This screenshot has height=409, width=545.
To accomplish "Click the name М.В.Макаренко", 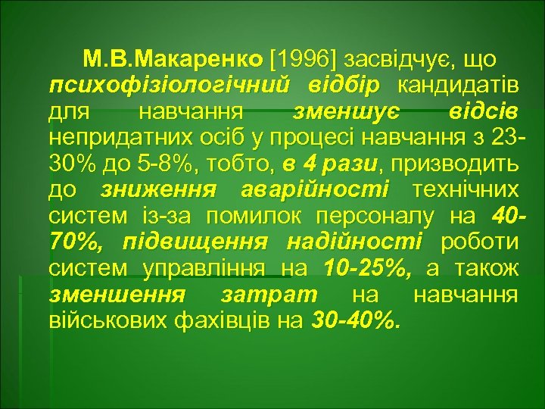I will pos(172,58).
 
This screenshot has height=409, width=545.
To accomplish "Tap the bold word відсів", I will pos(482,113).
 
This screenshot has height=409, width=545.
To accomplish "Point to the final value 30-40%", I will pos(353,320).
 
